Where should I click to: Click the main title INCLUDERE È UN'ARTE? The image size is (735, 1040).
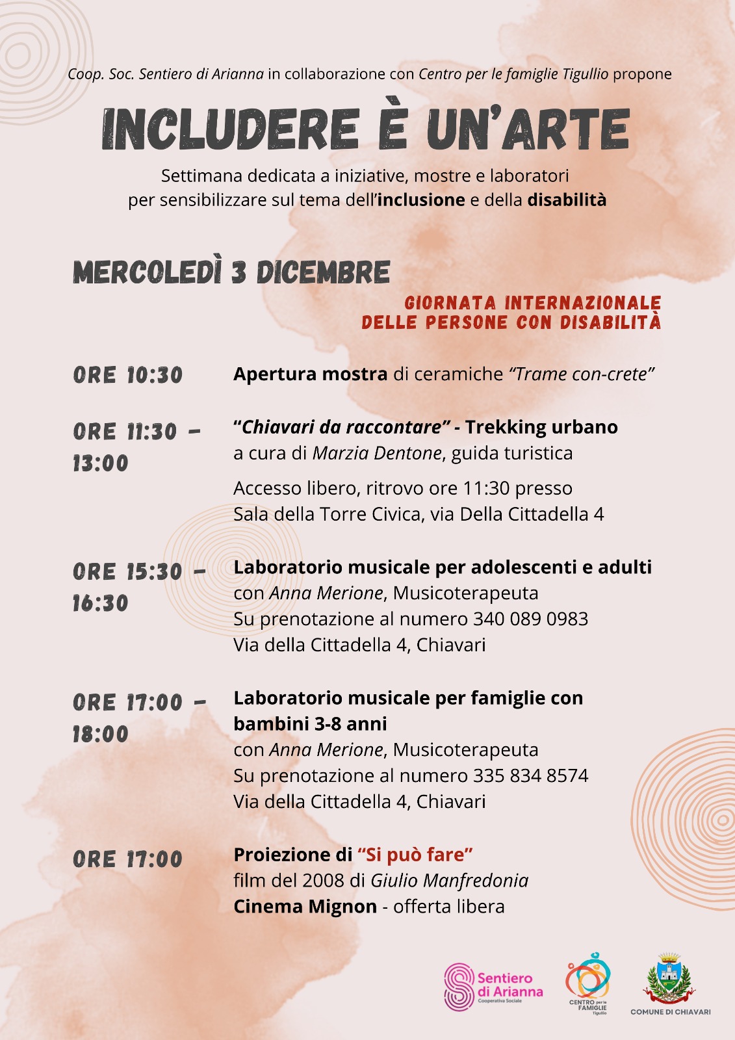click(x=366, y=129)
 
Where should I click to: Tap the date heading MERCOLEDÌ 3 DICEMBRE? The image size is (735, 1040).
click(x=231, y=272)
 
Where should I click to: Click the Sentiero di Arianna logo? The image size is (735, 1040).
click(x=493, y=986)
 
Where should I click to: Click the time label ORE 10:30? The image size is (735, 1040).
click(x=128, y=375)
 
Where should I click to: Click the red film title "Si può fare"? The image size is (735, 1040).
click(x=415, y=854)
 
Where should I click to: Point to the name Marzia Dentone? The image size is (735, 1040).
click(x=377, y=453)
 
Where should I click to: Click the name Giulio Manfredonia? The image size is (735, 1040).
click(x=449, y=880)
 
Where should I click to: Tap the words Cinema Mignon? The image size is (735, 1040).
click(x=305, y=906)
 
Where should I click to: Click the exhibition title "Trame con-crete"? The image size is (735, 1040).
click(x=582, y=374)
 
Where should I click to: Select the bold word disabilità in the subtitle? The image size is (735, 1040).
click(x=567, y=200)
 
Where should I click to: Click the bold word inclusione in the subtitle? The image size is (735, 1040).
click(x=421, y=200)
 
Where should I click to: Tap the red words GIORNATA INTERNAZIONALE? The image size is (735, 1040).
click(x=532, y=303)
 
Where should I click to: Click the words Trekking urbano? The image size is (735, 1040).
click(x=541, y=427)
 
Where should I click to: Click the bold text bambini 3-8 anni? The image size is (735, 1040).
click(x=310, y=723)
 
